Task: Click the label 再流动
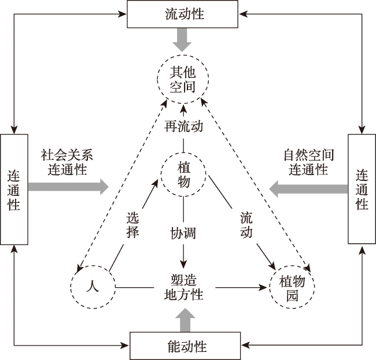pyautogui.click(x=184, y=126)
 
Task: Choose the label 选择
pyautogui.click(x=132, y=225)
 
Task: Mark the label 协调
pyautogui.click(x=183, y=233)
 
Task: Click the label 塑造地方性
pyautogui.click(x=184, y=287)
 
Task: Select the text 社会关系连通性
pyautogui.click(x=67, y=162)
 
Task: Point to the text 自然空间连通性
pyautogui.click(x=309, y=162)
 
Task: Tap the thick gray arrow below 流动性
pyautogui.click(x=182, y=40)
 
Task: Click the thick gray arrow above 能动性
pyautogui.click(x=185, y=320)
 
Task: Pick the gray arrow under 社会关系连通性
pyautogui.click(x=69, y=187)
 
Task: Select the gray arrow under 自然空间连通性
pyautogui.click(x=308, y=189)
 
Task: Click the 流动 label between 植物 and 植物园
pyautogui.click(x=246, y=225)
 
